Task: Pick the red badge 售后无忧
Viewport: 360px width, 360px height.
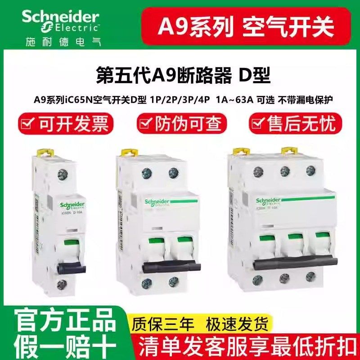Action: (295, 123)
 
